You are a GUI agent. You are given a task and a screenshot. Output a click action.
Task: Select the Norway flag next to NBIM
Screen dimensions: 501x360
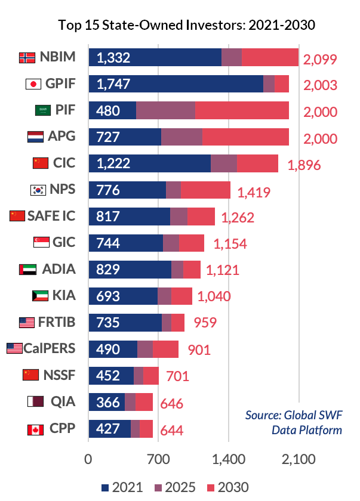[26, 57]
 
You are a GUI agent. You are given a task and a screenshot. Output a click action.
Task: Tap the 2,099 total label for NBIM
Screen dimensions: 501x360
[320, 58]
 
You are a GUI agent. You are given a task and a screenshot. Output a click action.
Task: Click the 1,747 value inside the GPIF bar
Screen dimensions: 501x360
[113, 84]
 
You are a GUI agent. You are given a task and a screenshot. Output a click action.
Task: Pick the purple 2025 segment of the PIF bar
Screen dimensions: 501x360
[165, 110]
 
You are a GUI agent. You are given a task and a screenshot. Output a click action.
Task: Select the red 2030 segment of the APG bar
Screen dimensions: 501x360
[245, 137]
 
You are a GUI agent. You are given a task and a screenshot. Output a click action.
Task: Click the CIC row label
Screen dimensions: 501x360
[64, 163]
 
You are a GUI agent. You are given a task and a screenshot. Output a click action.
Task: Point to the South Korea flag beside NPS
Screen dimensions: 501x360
[38, 190]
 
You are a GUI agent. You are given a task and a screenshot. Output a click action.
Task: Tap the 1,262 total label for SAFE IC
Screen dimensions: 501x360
[238, 218]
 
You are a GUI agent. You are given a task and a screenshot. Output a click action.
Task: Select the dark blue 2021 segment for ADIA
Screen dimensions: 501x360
[130, 269]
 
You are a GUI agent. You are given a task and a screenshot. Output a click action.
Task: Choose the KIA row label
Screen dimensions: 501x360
[64, 295]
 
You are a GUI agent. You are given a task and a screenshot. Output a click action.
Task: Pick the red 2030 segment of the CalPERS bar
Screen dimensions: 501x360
[165, 349]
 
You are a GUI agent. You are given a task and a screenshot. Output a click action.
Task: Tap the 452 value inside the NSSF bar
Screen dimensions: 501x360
[108, 375]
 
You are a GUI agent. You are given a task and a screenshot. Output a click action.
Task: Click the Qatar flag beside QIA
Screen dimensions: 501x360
[35, 401]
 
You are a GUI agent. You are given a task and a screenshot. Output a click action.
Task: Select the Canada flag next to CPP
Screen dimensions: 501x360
[35, 428]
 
